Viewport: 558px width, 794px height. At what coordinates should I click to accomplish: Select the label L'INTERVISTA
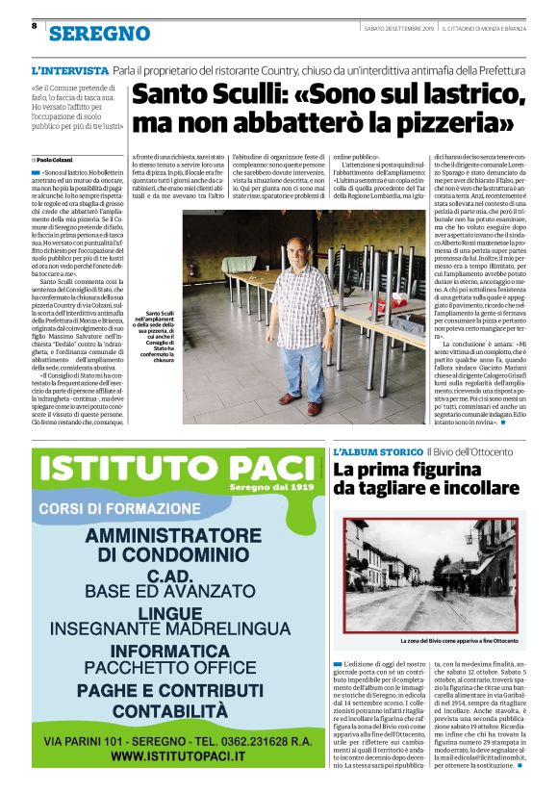tap(69, 71)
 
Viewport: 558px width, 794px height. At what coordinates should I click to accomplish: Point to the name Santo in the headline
tap(173, 95)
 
